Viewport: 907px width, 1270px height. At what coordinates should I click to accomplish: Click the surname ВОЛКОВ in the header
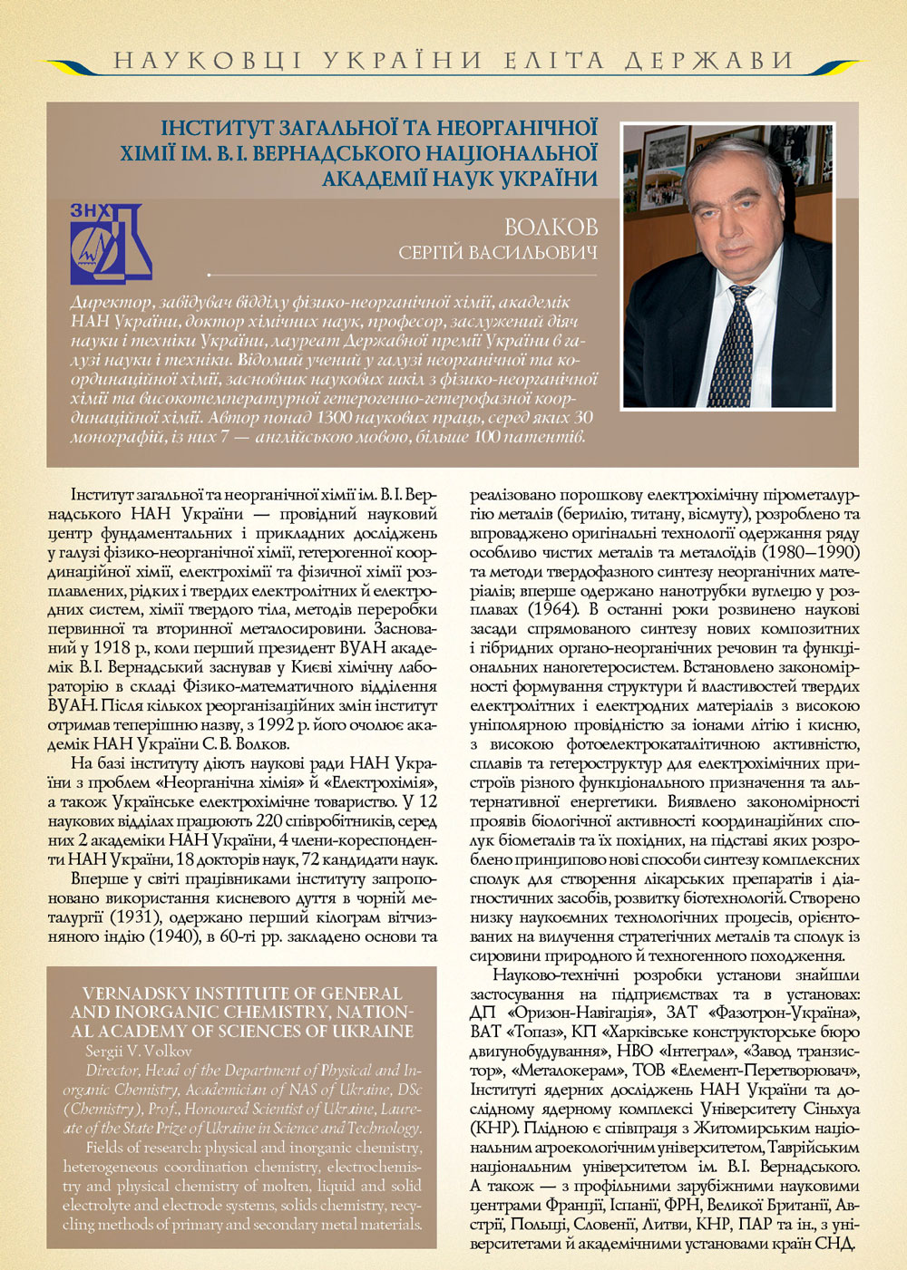551,227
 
